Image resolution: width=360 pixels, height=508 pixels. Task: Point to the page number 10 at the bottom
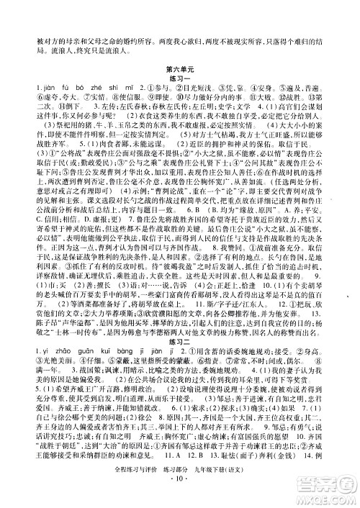[180, 496]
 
